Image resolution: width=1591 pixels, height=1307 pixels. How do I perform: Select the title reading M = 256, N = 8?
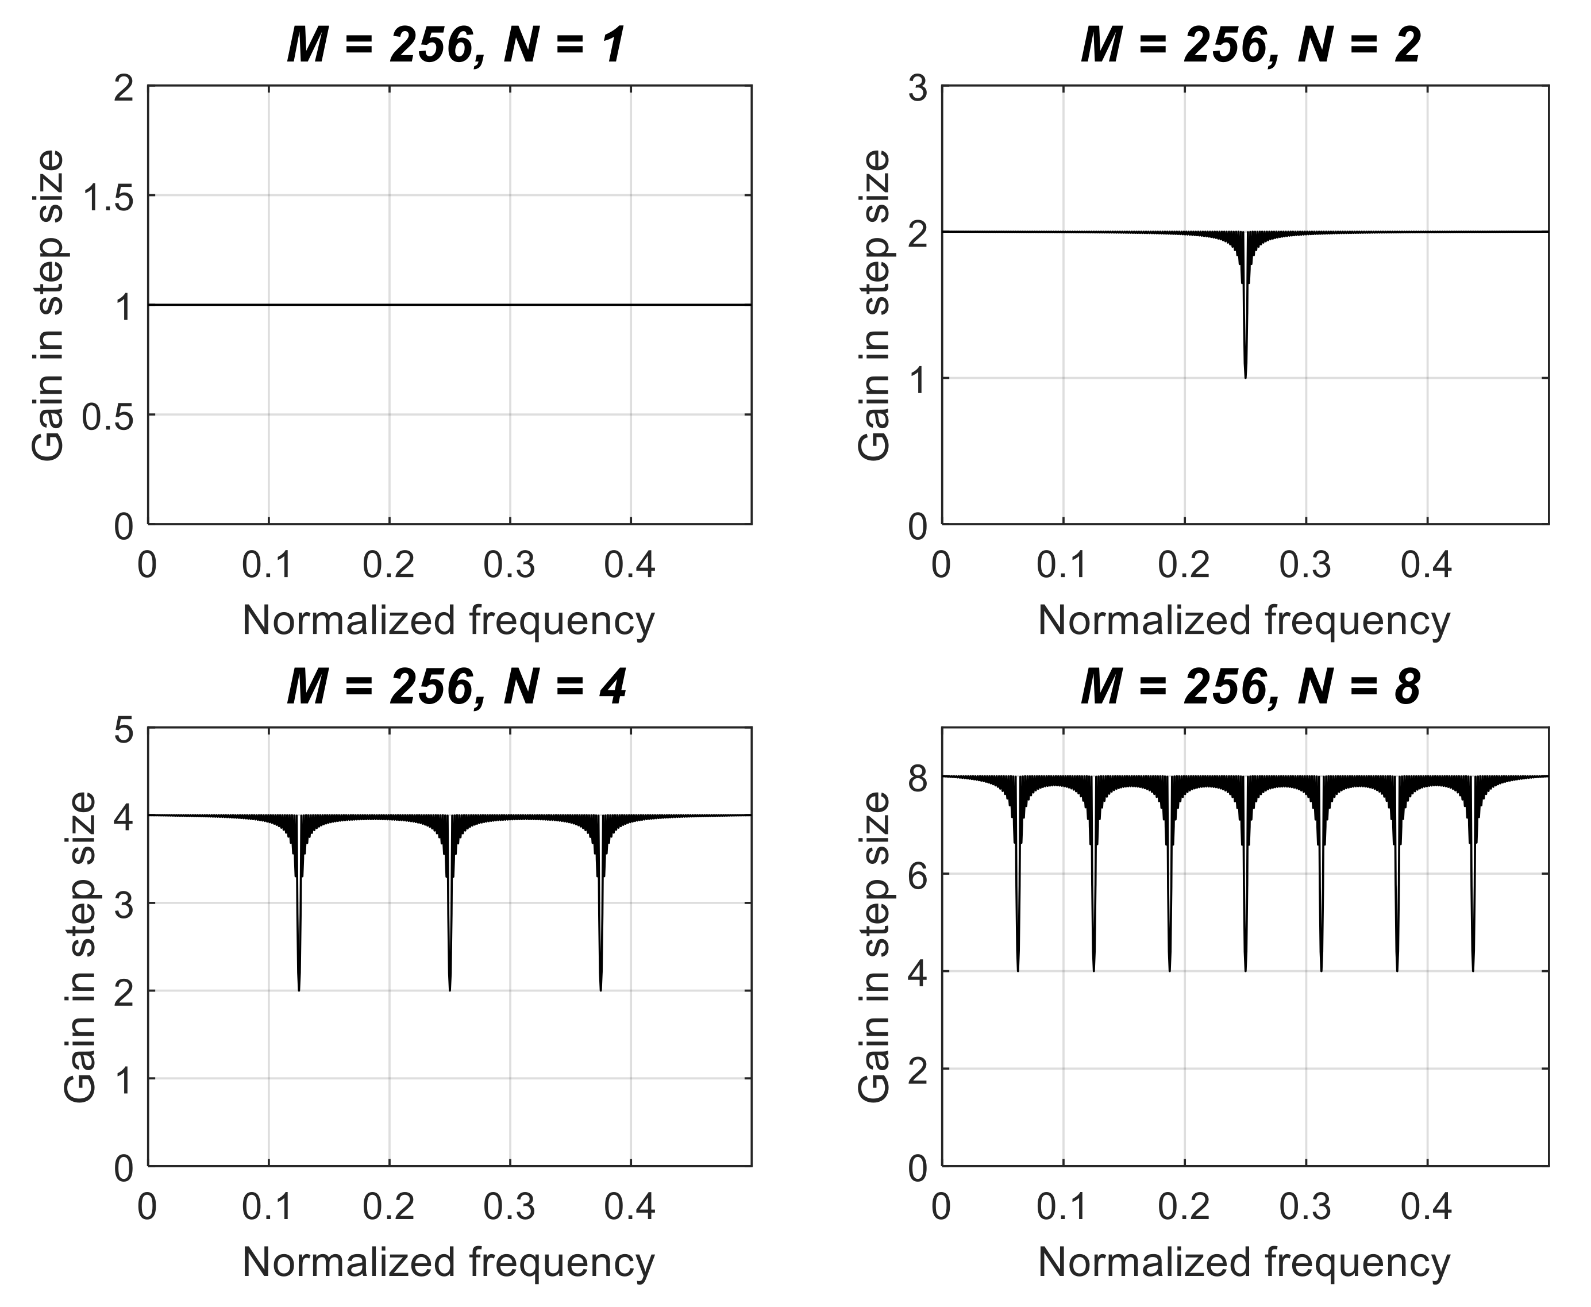pos(1250,687)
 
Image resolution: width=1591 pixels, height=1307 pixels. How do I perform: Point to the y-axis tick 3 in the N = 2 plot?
pos(916,89)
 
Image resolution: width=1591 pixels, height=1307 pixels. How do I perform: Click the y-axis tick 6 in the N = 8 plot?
pos(916,875)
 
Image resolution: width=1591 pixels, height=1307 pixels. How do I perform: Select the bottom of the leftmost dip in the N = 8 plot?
pos(1018,970)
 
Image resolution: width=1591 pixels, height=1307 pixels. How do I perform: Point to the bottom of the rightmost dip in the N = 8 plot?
pos(1473,970)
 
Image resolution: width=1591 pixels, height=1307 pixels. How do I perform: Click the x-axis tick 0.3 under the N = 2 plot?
pos(1306,564)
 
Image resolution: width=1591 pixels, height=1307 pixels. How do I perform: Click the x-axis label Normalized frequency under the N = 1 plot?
pos(449,622)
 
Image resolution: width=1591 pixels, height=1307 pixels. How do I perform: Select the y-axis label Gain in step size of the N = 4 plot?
pos(80,947)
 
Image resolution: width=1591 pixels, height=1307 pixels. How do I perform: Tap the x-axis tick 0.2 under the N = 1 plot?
pos(388,564)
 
